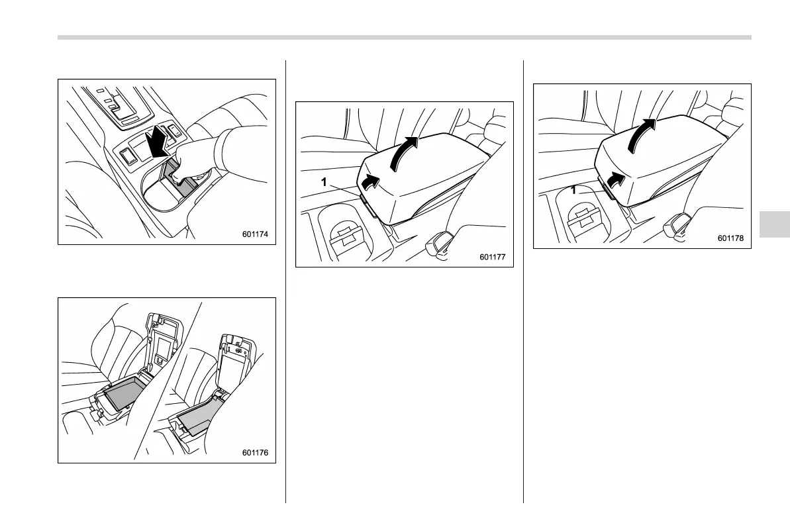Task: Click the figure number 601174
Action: point(255,234)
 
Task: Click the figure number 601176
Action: point(255,452)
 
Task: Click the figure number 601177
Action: point(492,257)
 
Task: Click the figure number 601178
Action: point(730,238)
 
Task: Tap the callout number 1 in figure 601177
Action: point(324,182)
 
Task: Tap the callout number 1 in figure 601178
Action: point(573,191)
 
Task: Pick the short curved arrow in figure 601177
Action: point(371,182)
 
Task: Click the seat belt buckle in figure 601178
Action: point(675,225)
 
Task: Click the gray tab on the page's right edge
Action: point(774,224)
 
